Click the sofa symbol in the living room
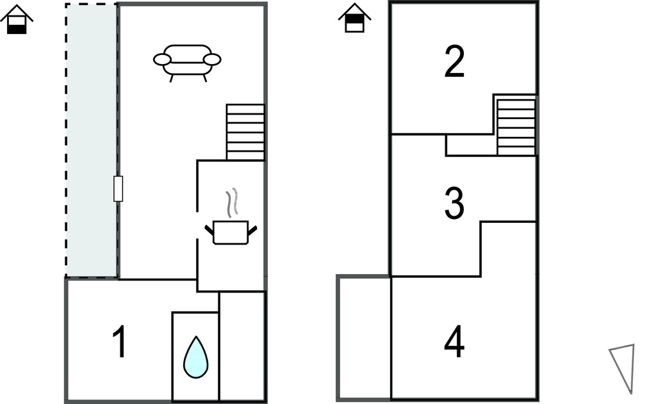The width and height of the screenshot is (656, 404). tap(187, 60)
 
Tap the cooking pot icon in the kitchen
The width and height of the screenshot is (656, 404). tap(230, 231)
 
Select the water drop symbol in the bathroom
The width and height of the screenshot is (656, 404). tap(195, 357)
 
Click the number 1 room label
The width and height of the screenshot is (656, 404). tap(119, 342)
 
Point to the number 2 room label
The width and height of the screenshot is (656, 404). tap(454, 63)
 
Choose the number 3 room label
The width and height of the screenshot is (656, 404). tap(454, 203)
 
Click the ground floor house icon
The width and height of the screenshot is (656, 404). tap(17, 20)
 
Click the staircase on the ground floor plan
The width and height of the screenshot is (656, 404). tap(245, 132)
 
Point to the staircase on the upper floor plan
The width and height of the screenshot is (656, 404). tap(516, 125)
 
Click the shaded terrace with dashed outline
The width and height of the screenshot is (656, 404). tap(92, 141)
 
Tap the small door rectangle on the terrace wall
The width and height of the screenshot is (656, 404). tap(118, 189)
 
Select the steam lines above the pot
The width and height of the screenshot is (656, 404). tap(234, 202)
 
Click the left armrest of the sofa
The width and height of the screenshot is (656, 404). tap(162, 60)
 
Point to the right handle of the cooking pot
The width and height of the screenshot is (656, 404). tap(252, 228)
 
